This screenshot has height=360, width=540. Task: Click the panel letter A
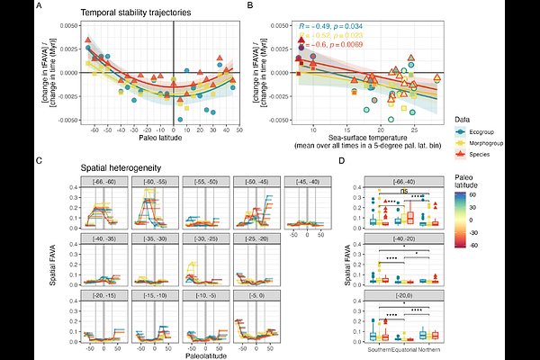38,7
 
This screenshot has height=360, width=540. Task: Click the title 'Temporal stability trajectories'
131,13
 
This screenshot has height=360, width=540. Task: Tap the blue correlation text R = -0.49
330,28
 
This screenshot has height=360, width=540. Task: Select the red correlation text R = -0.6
329,45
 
